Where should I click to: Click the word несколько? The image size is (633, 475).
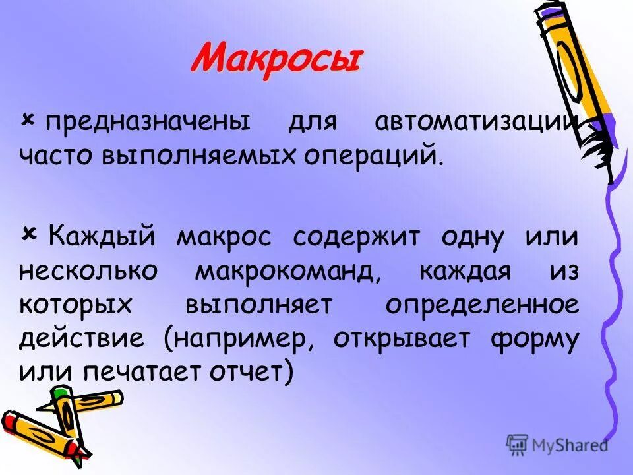(x=92, y=272)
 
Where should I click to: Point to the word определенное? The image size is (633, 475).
(x=482, y=305)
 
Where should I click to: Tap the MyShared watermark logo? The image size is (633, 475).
(x=557, y=445)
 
